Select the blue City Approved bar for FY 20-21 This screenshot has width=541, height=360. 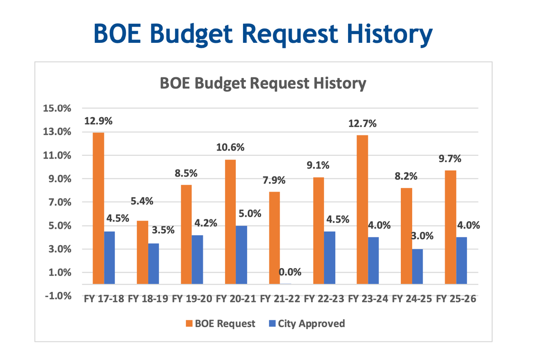(242, 255)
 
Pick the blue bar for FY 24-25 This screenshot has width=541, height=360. (417, 266)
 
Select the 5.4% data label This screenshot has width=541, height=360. (142, 201)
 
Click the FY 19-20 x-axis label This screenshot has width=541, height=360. (192, 298)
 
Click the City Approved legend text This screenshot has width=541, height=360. (312, 324)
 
